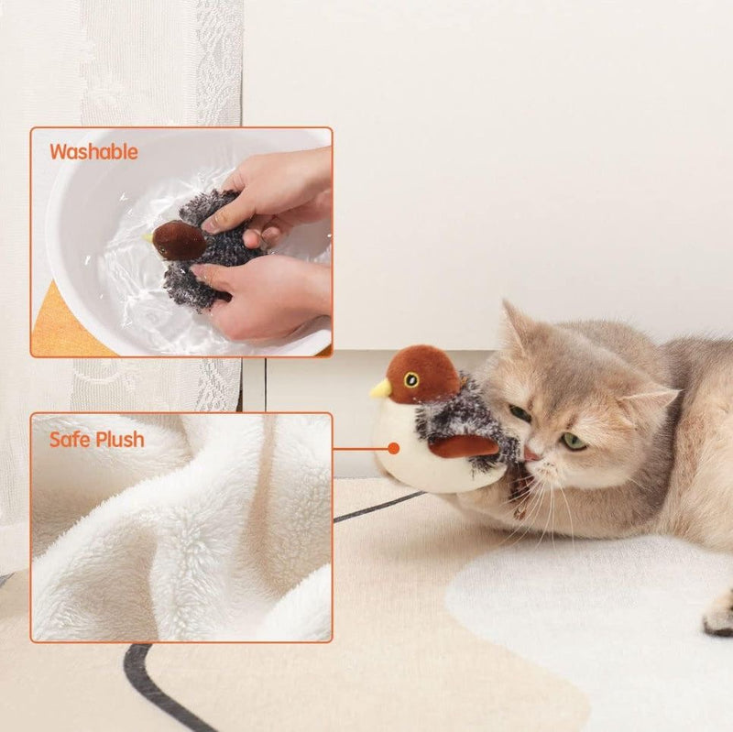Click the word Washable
(x=93, y=152)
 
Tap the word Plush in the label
(x=121, y=440)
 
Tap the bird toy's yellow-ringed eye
(x=411, y=379)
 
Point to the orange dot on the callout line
(x=393, y=449)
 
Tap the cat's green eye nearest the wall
(x=574, y=441)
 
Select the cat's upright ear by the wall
(x=517, y=325)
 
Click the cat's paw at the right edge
(x=719, y=616)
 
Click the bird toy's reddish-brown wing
(x=463, y=446)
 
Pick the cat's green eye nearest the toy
(x=520, y=413)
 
